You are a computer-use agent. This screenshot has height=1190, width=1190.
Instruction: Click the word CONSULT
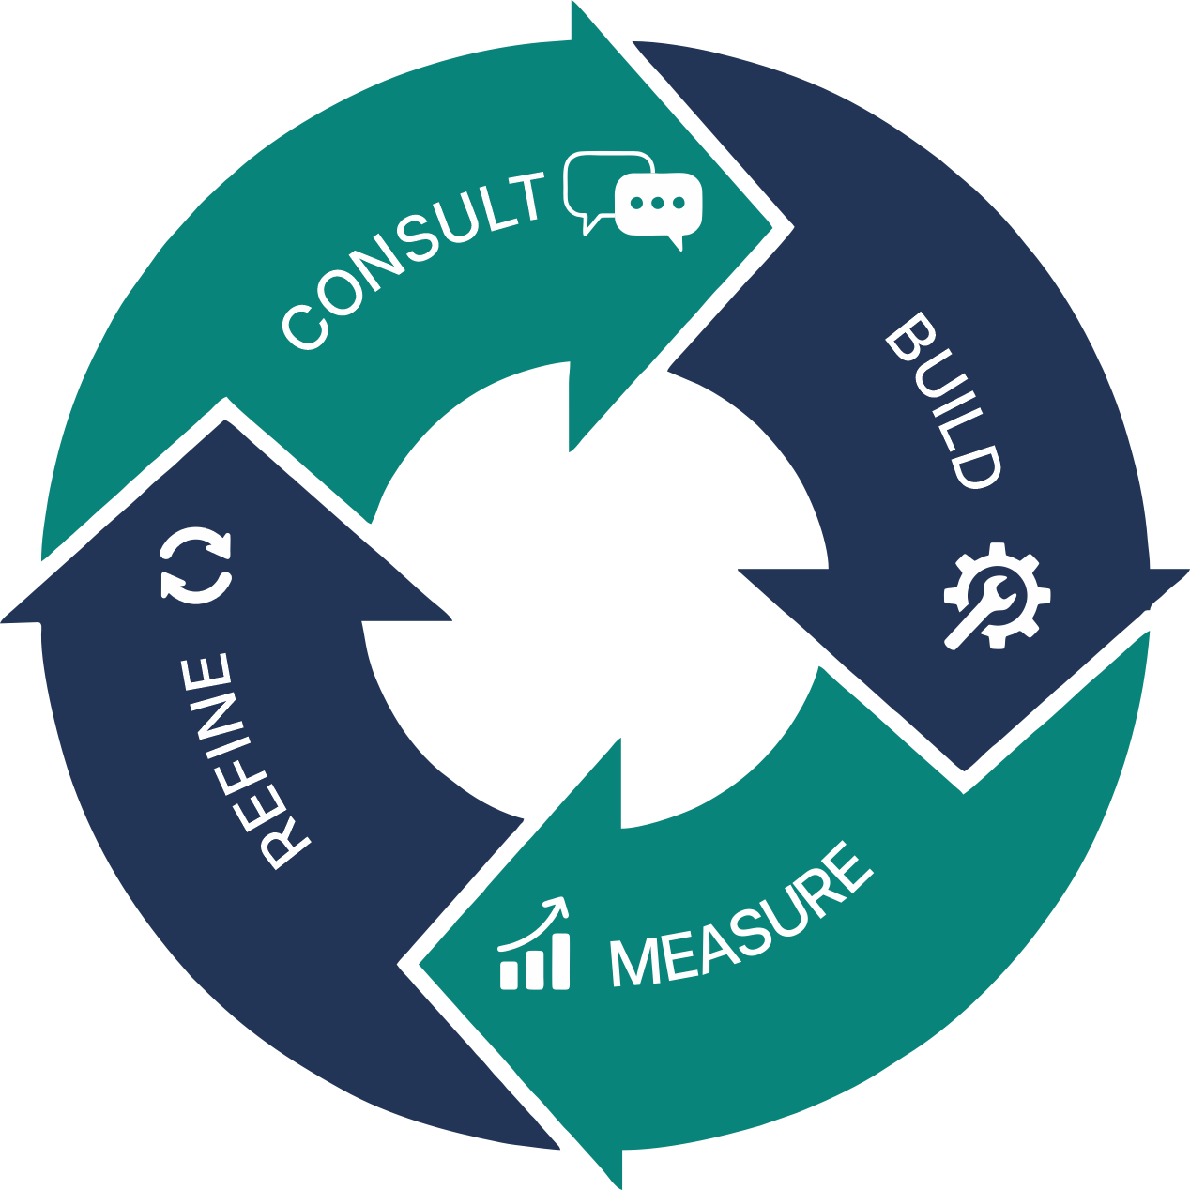pos(413,260)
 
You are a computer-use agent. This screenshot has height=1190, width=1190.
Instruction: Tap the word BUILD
pos(941,401)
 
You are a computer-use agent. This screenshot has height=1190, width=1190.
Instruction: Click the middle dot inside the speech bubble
pos(657,203)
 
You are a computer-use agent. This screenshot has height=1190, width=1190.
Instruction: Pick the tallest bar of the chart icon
pos(560,960)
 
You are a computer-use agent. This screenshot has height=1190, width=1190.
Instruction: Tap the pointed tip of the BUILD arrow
pos(965,771)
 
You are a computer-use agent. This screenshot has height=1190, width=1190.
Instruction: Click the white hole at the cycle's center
pos(595,595)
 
